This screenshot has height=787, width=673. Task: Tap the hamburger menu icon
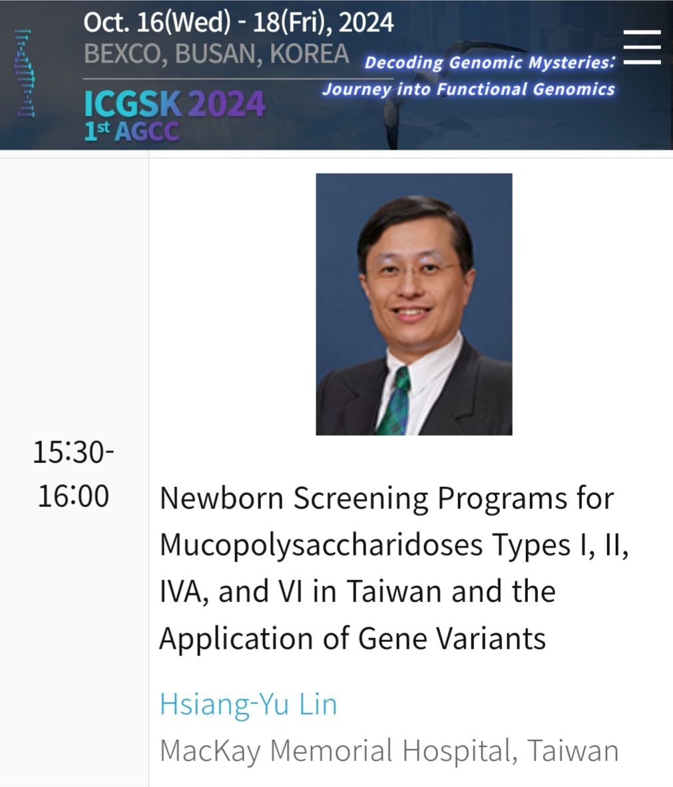(642, 47)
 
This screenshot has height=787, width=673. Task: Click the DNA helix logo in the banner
(25, 73)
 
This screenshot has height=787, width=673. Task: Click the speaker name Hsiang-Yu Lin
(248, 704)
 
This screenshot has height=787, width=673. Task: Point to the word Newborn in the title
(222, 498)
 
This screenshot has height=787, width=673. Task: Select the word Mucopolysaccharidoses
(321, 546)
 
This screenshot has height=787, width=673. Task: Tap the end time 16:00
(73, 496)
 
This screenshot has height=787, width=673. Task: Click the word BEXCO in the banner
(122, 54)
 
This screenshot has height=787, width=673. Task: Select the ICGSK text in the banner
(132, 104)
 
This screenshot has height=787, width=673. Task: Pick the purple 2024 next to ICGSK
(226, 104)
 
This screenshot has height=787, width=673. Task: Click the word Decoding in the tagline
(404, 63)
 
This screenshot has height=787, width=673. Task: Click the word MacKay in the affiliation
(210, 751)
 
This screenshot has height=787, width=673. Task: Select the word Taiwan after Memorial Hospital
(573, 750)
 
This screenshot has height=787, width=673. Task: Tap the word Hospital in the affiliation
(459, 751)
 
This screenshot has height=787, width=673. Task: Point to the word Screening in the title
(361, 499)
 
